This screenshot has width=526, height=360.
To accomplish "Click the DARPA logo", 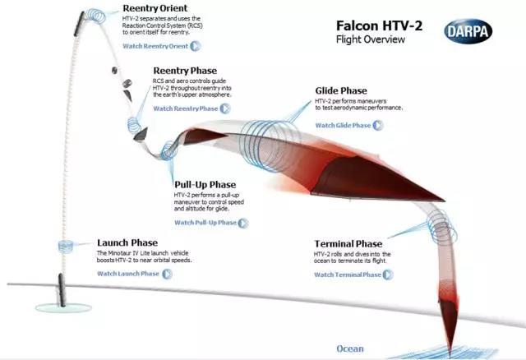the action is [468, 31].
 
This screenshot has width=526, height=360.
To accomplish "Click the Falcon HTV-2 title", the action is [379, 25].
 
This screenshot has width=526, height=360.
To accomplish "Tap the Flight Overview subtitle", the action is [371, 39].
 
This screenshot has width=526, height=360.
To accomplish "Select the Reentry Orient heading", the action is [155, 8].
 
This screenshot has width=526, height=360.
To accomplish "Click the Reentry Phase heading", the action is [185, 71].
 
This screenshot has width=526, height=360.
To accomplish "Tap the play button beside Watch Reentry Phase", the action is [224, 108].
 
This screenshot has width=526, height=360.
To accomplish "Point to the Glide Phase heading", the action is [341, 91].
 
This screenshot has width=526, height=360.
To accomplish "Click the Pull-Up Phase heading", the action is [205, 185].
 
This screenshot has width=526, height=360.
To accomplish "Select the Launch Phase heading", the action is [127, 242].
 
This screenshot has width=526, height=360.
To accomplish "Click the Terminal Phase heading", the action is [348, 243].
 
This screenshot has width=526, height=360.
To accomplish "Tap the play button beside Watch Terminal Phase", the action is [388, 275].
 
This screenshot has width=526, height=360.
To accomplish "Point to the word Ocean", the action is [350, 349].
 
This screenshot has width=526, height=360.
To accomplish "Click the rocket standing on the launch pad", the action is [62, 290].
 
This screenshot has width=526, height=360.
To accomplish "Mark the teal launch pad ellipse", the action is [63, 307].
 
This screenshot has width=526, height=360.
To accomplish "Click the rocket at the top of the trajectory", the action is [79, 24].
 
